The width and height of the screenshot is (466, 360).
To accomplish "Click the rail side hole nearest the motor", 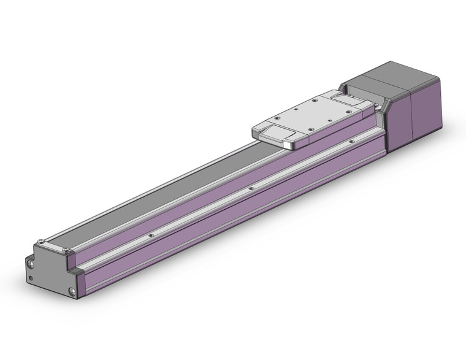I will pyautogui.click(x=351, y=142).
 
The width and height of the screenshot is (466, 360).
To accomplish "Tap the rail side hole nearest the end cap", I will pyautogui.click(x=150, y=233).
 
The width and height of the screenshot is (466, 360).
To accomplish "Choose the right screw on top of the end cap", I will pyautogui.click(x=66, y=250).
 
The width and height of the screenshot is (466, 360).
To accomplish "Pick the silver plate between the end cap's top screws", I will pyautogui.click(x=53, y=245).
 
